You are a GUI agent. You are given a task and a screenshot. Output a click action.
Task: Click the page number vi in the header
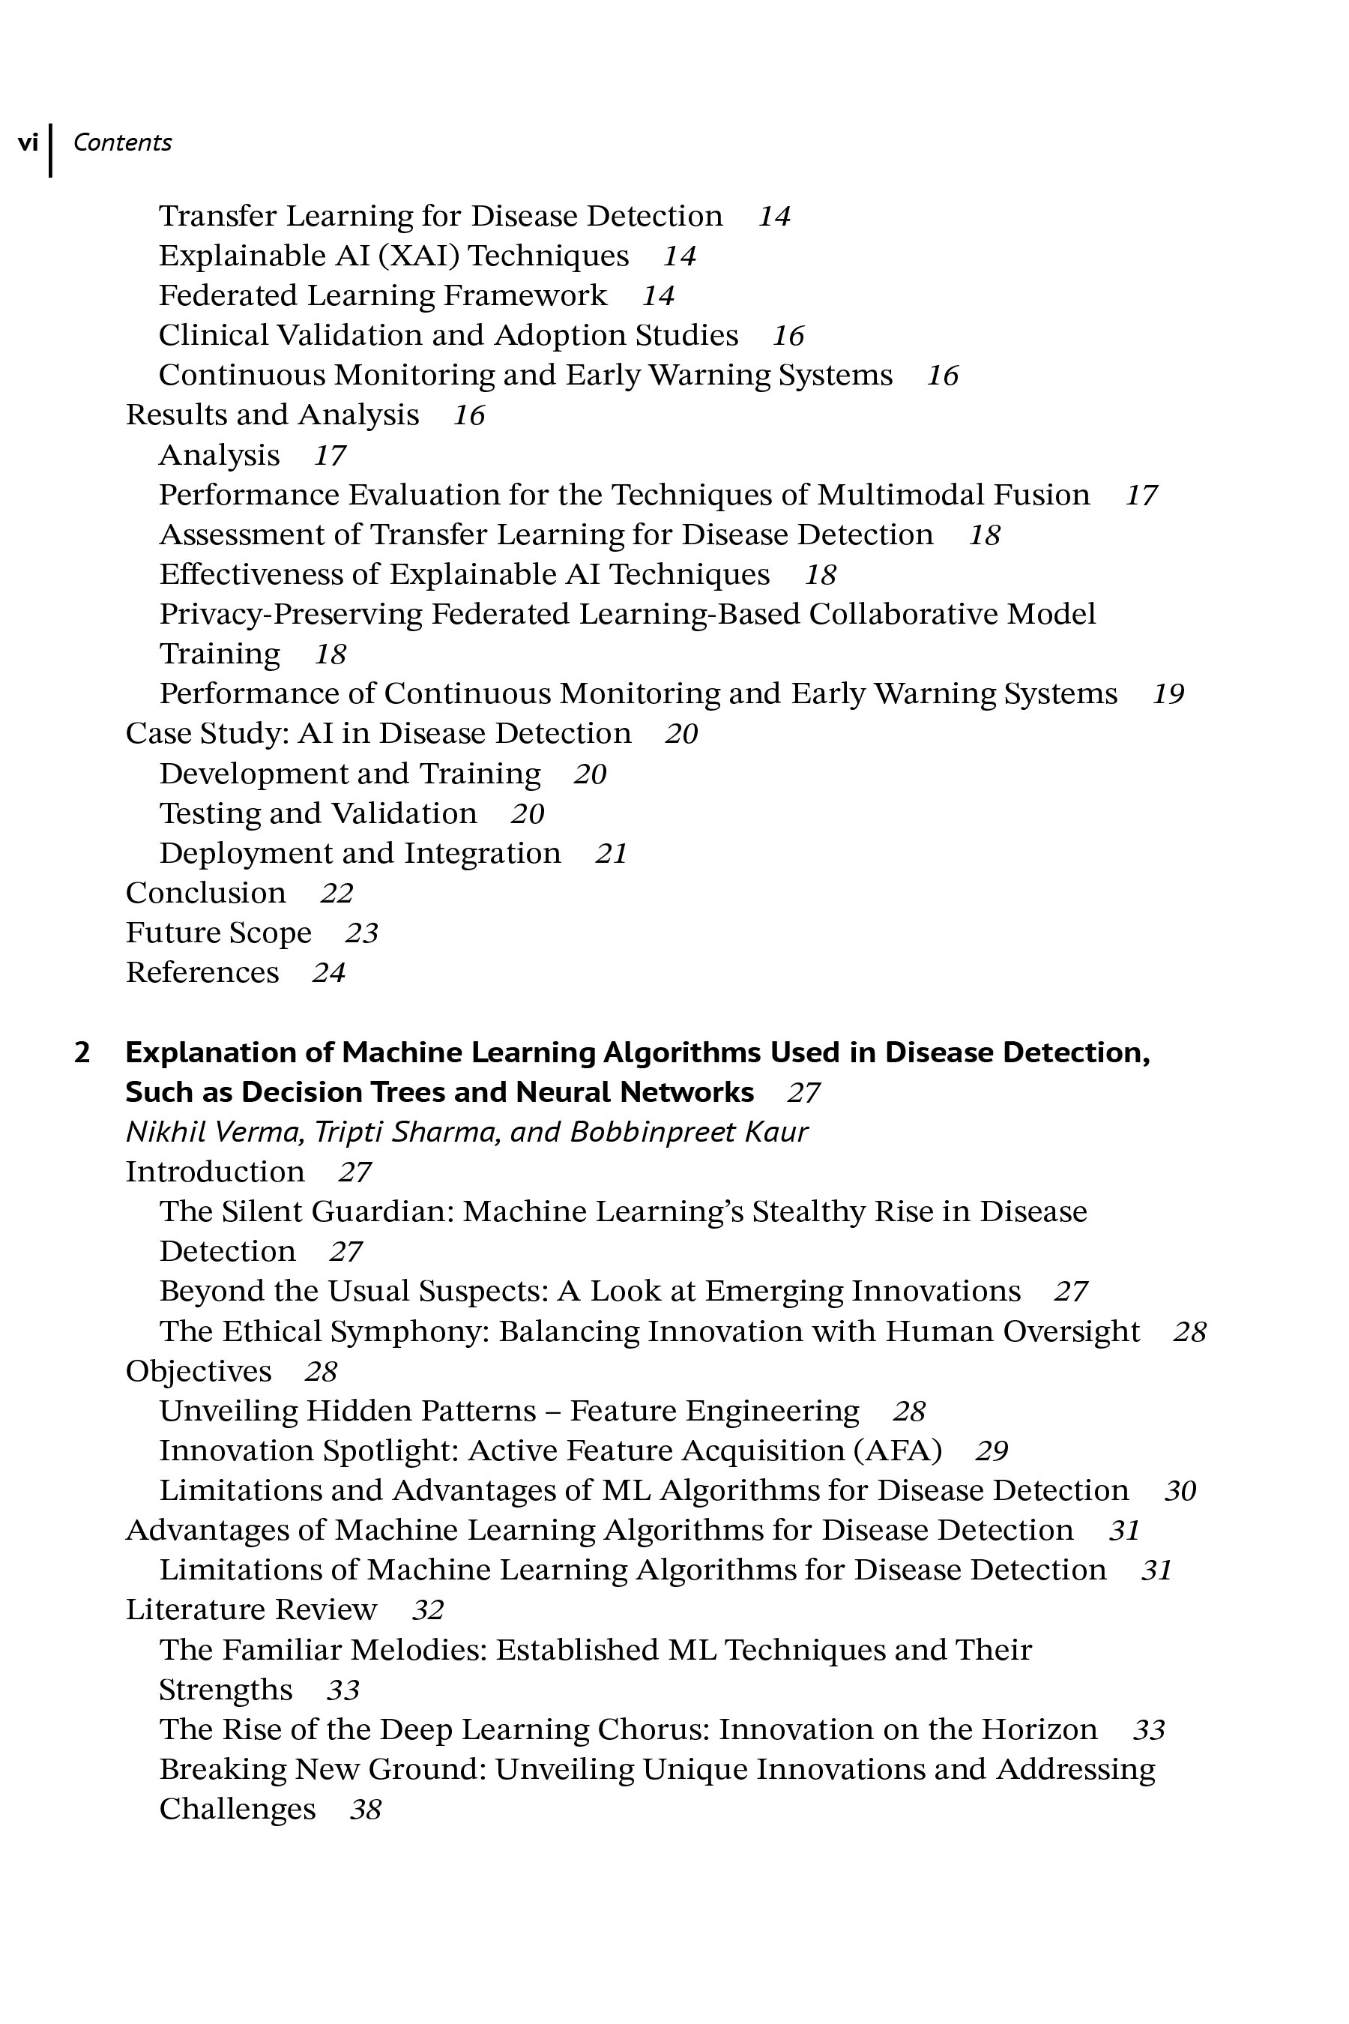pos(28,142)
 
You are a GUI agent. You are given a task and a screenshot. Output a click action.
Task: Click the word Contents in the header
pos(122,142)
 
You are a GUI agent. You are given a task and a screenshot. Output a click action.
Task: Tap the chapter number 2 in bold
pos(82,1052)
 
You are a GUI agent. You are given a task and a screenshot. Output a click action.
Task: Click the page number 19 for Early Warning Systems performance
pos(1168,693)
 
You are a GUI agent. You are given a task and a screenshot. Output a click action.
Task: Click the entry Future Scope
pos(219,932)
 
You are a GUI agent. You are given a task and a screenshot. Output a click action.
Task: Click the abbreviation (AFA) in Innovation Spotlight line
pos(897,1450)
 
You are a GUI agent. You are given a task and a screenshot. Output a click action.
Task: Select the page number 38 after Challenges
pos(366,1809)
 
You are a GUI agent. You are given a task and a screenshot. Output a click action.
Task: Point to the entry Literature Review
pos(251,1609)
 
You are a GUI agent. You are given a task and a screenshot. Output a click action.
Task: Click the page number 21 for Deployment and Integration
pos(611,853)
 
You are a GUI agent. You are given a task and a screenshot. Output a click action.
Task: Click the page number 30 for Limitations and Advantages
pos(1180,1490)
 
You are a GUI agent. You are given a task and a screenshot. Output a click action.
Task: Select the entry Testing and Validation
pos(318,813)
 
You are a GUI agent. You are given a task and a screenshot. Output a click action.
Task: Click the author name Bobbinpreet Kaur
pos(688,1132)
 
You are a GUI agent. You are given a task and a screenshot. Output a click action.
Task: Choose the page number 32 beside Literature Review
pos(428,1609)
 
